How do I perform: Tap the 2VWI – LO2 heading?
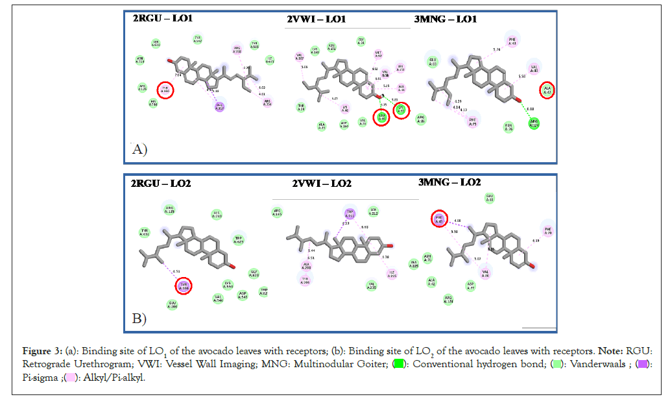(321, 184)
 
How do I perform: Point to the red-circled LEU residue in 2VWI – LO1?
(382, 117)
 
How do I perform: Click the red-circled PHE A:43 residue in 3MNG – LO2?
(439, 219)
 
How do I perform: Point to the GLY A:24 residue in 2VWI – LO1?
(361, 42)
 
